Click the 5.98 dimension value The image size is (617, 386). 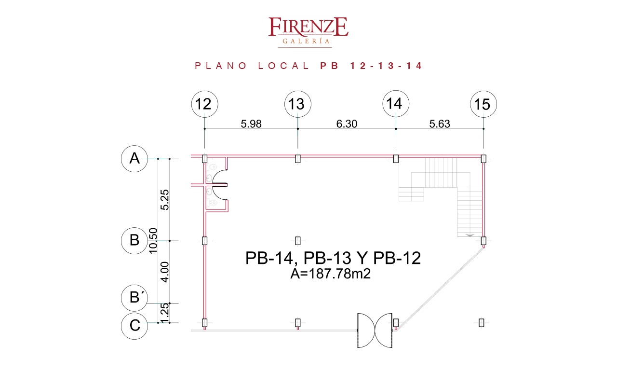251,124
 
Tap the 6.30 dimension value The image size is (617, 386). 347,124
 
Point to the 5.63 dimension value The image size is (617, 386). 440,124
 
